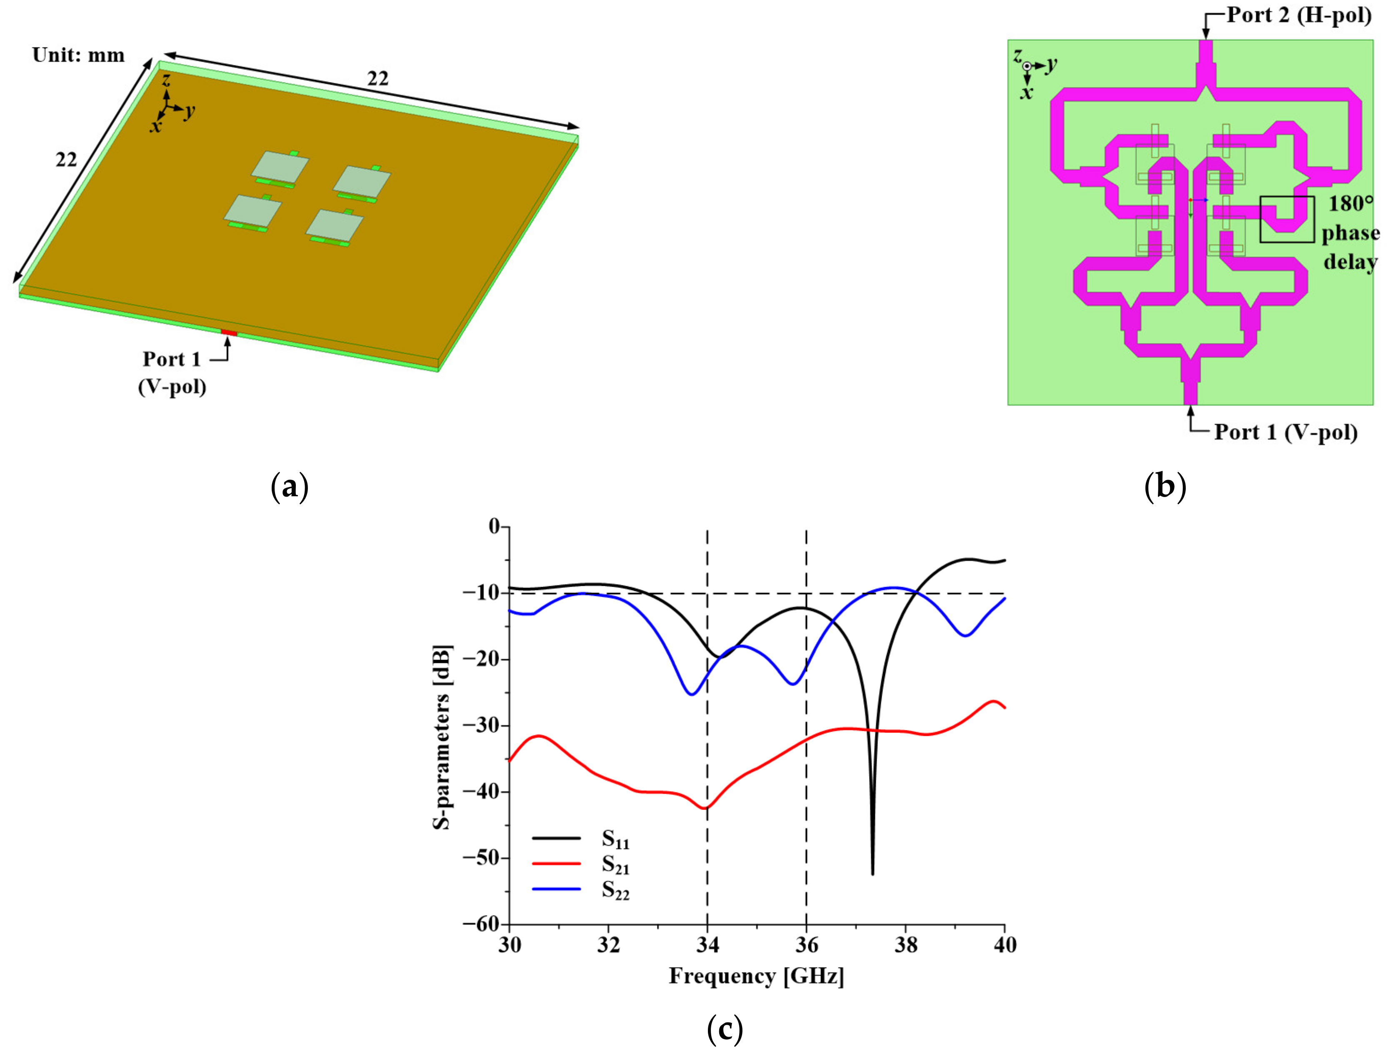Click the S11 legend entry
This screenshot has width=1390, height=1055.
pos(581,838)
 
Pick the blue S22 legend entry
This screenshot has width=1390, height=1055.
pos(581,889)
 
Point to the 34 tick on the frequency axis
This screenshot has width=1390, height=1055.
pos(707,945)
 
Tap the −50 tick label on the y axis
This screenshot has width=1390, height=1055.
pos(481,857)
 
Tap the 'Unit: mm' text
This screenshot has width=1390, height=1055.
pos(79,55)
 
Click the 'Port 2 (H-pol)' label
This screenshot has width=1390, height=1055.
pos(1299,15)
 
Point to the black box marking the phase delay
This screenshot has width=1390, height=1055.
pos(1286,219)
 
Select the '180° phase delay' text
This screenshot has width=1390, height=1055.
pos(1350,232)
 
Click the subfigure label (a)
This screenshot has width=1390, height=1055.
pos(289,487)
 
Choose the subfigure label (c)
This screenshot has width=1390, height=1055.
pos(725,1029)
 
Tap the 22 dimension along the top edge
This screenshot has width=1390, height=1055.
pos(377,79)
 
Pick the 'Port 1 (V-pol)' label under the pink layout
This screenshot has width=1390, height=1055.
pos(1286,432)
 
